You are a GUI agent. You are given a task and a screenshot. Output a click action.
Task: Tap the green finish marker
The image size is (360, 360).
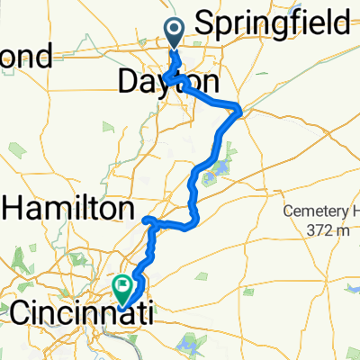pyautogui.click(x=121, y=287)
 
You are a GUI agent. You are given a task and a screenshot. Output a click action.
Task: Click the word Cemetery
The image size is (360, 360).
pyautogui.click(x=326, y=213)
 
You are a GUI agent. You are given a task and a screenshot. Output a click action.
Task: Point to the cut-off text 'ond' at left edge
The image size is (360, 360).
pyautogui.click(x=27, y=58)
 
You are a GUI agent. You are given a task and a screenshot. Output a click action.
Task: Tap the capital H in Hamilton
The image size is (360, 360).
pyautogui.click(x=14, y=209)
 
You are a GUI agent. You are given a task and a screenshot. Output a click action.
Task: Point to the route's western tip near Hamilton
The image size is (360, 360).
pyautogui.click(x=147, y=219)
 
